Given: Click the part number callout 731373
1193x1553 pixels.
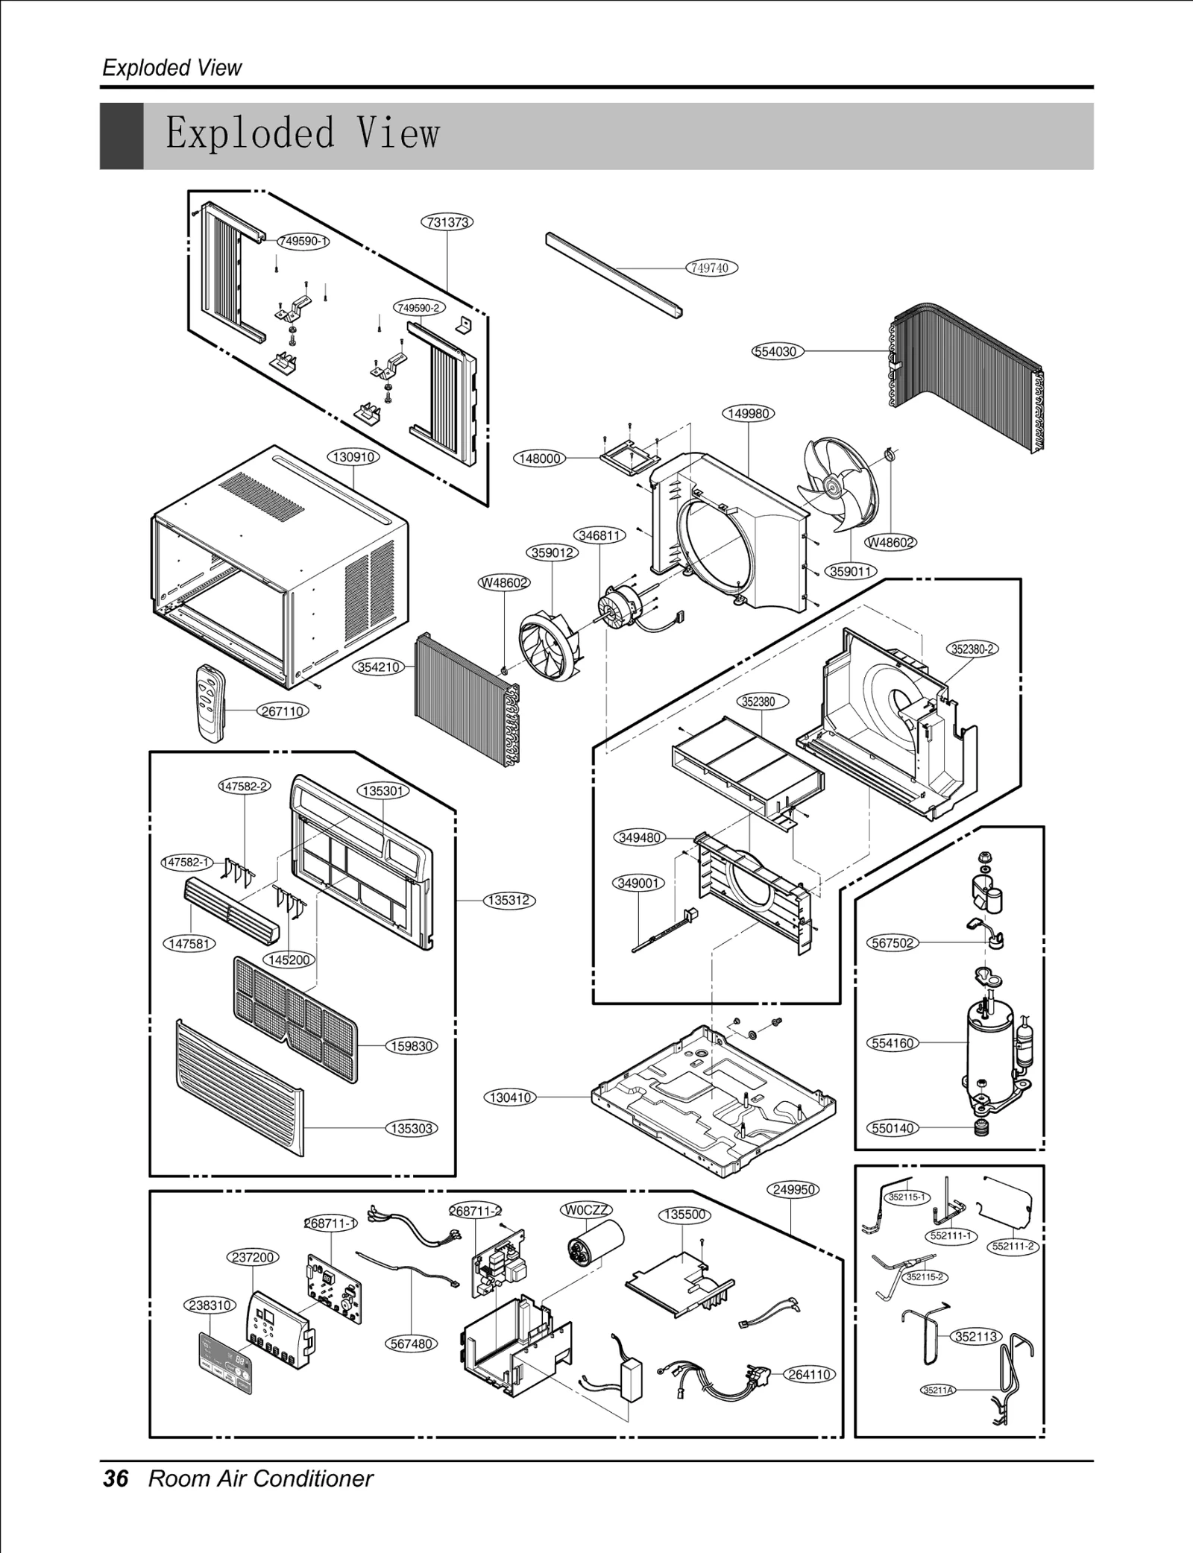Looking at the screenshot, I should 447,222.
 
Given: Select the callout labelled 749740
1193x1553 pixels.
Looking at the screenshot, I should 711,268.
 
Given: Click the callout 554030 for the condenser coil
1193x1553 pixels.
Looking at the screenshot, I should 777,351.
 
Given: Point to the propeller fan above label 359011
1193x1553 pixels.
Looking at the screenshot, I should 838,485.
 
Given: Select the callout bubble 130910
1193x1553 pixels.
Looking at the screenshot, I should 353,457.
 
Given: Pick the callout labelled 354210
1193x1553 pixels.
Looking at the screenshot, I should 379,667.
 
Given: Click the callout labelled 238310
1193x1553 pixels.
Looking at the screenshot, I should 210,1305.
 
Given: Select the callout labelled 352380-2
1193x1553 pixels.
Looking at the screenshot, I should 972,649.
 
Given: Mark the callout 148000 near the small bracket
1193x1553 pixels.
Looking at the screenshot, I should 540,459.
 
